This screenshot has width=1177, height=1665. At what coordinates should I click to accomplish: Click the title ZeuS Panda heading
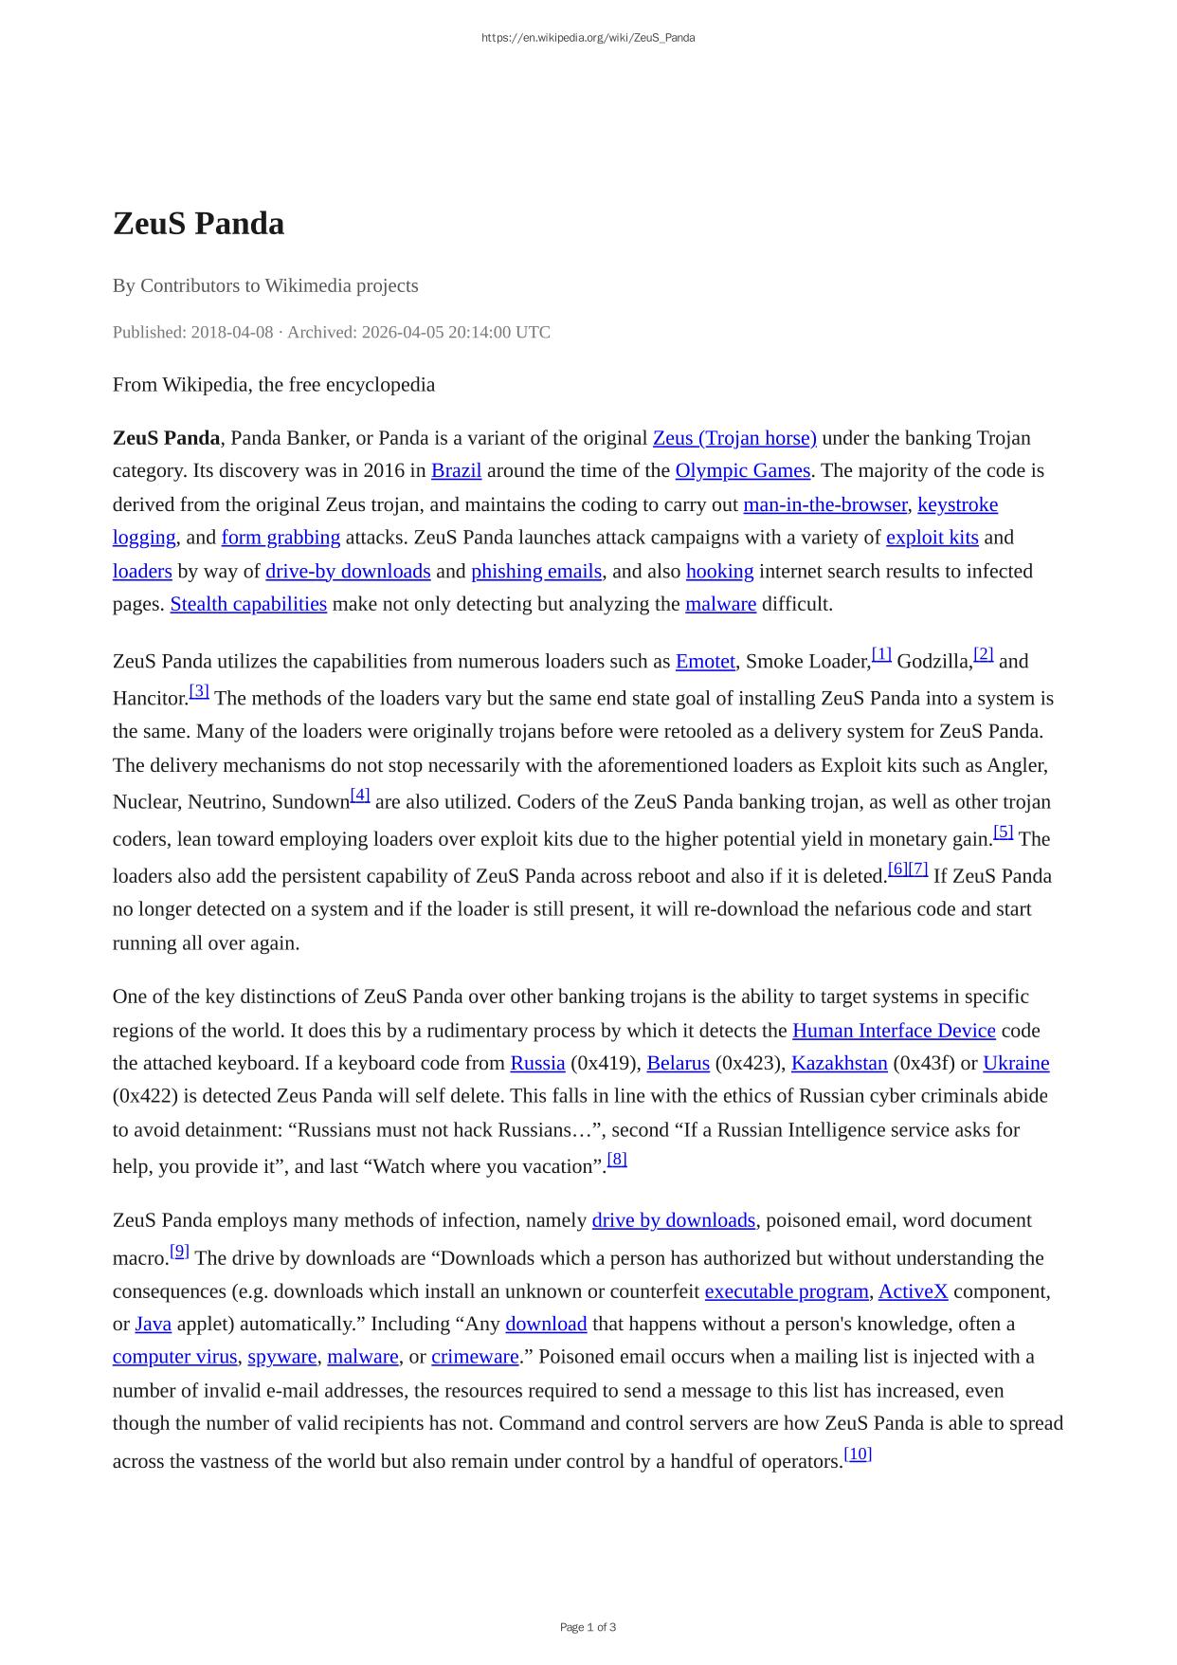click(198, 224)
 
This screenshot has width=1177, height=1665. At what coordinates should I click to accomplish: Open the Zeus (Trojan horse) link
click(734, 438)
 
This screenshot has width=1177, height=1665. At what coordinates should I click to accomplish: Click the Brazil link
click(456, 470)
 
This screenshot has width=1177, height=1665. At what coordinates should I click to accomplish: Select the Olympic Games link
click(742, 470)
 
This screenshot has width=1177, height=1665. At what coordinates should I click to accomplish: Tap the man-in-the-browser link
click(824, 504)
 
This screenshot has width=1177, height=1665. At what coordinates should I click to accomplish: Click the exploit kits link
click(932, 538)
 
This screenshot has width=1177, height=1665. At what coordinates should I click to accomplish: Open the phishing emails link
click(536, 571)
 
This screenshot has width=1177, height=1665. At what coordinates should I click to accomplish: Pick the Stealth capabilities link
click(248, 604)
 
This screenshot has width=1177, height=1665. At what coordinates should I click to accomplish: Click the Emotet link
click(705, 662)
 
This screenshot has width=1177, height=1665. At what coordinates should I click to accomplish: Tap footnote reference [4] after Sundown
click(360, 795)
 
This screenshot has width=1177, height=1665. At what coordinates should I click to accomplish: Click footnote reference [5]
click(1004, 832)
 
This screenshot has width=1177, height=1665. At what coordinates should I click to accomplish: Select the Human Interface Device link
click(894, 1031)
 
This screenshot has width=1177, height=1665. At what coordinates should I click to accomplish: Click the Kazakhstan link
click(839, 1063)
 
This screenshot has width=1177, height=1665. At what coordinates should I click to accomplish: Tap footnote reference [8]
click(617, 1159)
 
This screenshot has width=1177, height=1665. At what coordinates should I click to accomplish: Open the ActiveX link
click(913, 1291)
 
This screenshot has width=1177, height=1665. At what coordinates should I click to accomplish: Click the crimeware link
click(475, 1357)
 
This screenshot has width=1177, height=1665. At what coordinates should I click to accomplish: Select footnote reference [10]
click(858, 1454)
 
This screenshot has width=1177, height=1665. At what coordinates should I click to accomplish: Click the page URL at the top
click(588, 38)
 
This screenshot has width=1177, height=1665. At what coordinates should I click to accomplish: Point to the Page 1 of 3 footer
click(588, 1627)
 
